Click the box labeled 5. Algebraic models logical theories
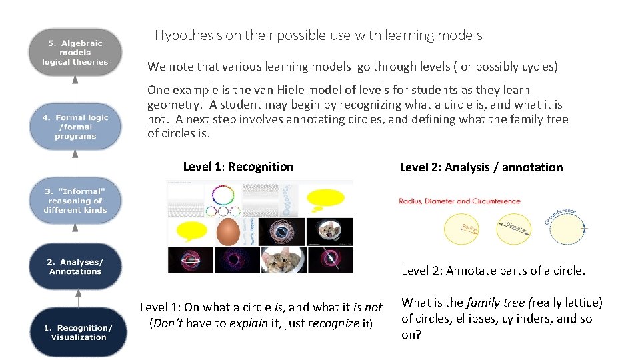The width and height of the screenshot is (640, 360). pos(75,53)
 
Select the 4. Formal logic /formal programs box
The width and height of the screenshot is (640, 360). pos(75,127)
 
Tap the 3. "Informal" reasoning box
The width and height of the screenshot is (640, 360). pos(75,200)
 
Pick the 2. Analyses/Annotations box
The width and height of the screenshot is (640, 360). pos(75,267)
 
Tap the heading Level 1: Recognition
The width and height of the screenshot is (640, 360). pos(238,167)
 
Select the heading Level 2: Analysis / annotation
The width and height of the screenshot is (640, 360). pos(481,167)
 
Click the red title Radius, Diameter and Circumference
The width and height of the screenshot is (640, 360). pos(459,201)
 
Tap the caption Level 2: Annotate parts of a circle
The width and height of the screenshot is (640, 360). pos(493,271)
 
